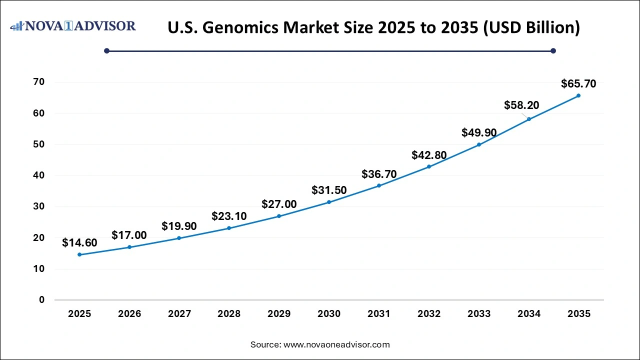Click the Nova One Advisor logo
tap(73, 25)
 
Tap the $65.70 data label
tap(578, 83)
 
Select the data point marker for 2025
tap(79, 254)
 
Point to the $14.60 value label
tap(79, 243)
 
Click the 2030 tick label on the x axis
tap(329, 314)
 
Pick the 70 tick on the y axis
tap(38, 82)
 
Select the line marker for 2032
tap(429, 166)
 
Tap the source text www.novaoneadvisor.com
tap(336, 344)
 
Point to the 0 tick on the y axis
tap(41, 300)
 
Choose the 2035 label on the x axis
tap(578, 314)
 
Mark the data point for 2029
tap(279, 216)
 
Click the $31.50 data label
tap(329, 190)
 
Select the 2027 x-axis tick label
tap(179, 314)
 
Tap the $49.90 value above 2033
tap(479, 132)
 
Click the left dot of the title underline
tap(106, 50)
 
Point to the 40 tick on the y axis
tap(38, 175)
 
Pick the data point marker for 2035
tap(578, 95)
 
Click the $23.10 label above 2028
tap(229, 216)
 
